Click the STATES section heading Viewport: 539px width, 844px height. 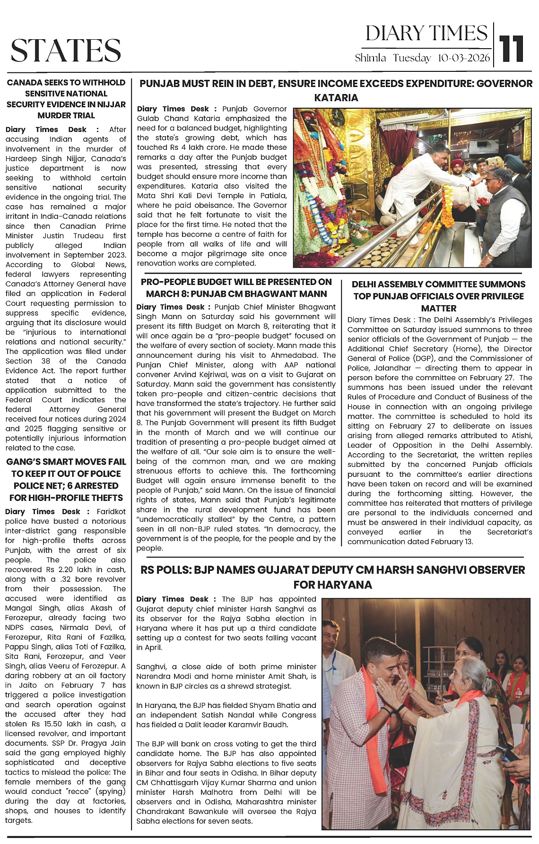point(66,50)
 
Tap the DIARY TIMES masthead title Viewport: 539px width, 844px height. point(426,34)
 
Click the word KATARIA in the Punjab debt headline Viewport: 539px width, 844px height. point(336,98)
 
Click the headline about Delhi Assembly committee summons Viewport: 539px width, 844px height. point(438,296)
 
